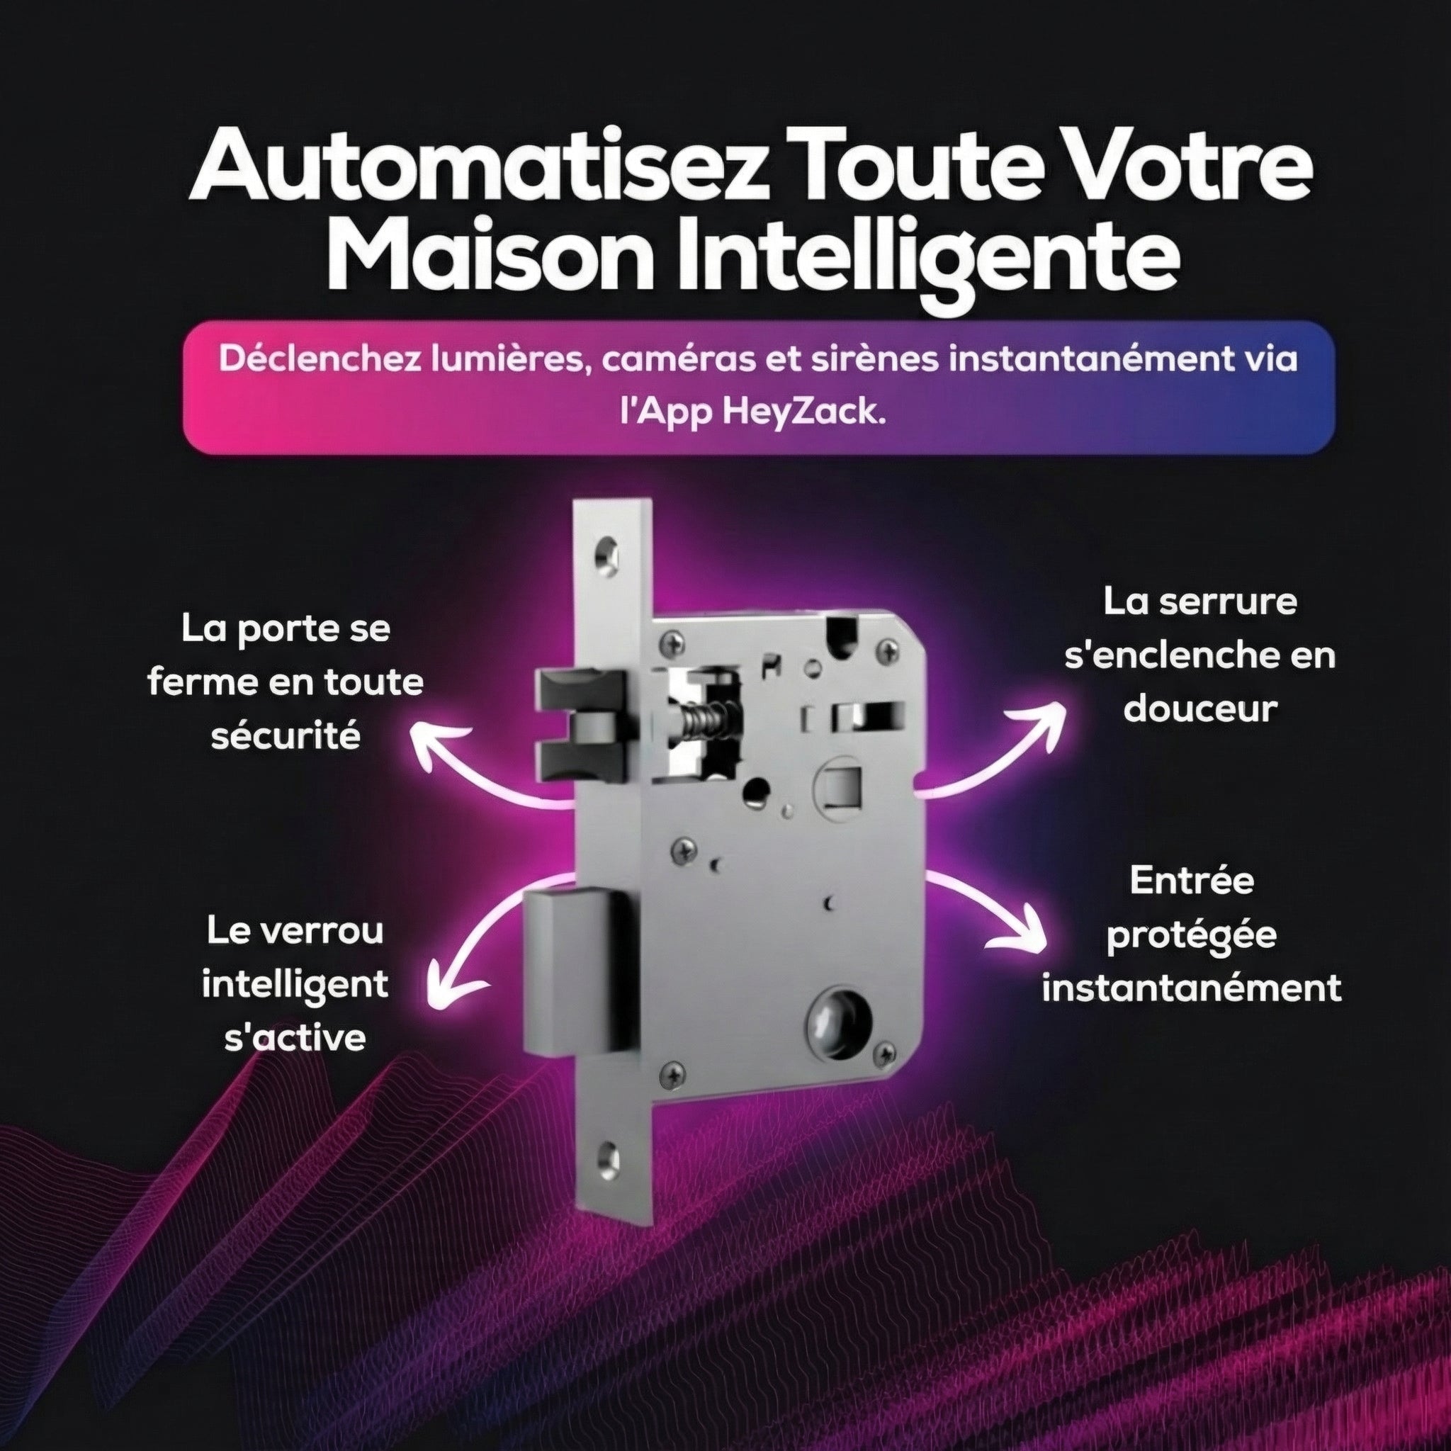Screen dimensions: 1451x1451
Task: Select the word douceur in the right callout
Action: click(1200, 708)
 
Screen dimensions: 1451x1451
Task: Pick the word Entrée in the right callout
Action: click(1192, 881)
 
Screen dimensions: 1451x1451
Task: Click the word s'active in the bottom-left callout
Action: click(295, 1038)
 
